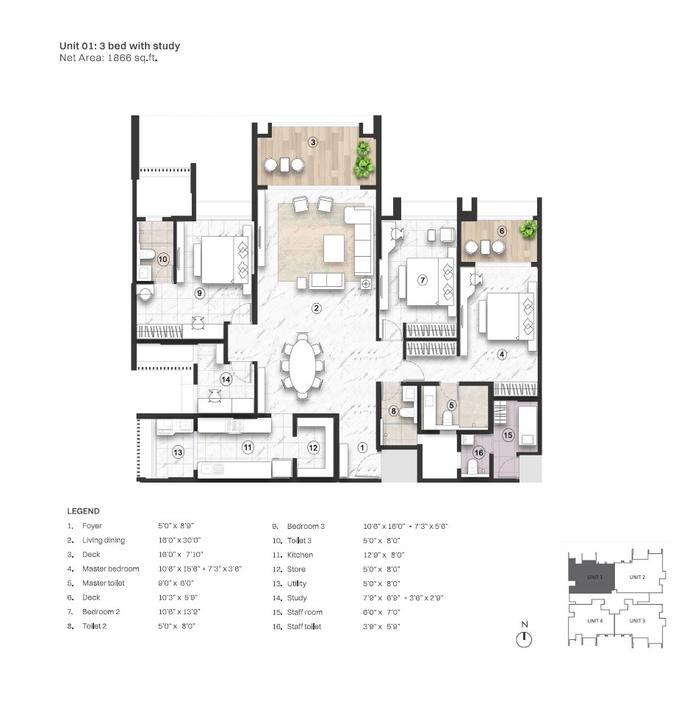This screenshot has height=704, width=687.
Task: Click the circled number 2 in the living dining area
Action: [316, 308]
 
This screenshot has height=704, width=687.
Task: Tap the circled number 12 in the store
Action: [313, 447]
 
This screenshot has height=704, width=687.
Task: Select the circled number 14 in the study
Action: [226, 380]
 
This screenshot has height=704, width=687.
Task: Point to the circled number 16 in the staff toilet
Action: [478, 452]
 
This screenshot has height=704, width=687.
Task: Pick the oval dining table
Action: [302, 366]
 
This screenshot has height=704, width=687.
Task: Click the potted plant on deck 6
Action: [528, 230]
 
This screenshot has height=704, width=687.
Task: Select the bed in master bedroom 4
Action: [506, 316]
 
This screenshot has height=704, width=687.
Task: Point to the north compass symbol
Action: [524, 638]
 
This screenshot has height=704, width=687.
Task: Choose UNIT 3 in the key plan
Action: [636, 621]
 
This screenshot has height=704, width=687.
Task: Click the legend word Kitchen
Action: [300, 555]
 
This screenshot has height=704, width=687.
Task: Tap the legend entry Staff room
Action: [304, 612]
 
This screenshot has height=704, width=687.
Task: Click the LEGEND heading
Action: [83, 511]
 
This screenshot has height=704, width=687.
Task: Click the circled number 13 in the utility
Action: [178, 452]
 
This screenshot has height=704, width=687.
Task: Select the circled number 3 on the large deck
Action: [312, 142]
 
